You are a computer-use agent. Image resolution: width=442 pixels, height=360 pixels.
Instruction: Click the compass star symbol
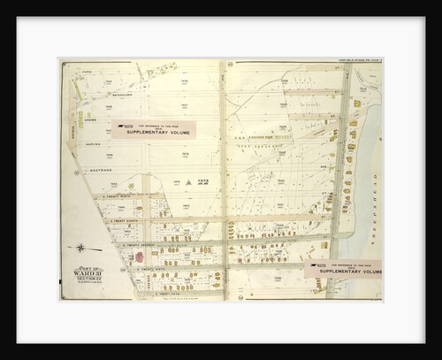[80, 247]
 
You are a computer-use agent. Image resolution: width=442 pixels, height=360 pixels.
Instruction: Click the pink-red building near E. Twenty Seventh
[138, 257]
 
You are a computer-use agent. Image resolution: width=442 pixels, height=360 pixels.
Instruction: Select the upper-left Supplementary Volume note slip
[152, 130]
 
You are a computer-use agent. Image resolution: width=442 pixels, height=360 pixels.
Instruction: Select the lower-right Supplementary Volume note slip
[343, 267]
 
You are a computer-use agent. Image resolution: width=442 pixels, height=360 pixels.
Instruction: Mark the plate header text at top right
[353, 62]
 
